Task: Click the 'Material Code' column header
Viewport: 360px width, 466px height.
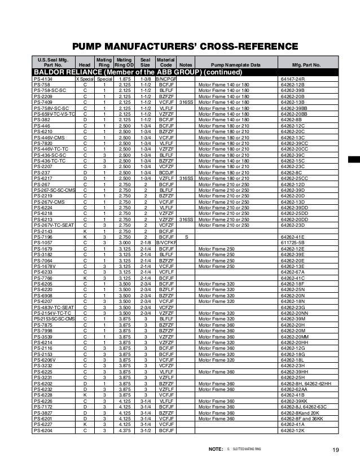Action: (x=165, y=62)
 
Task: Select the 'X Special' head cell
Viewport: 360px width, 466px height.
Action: (x=85, y=79)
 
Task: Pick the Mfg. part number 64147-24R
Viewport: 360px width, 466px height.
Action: (x=292, y=79)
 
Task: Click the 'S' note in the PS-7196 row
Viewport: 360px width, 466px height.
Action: (x=186, y=236)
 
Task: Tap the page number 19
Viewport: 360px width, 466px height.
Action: (x=336, y=449)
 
